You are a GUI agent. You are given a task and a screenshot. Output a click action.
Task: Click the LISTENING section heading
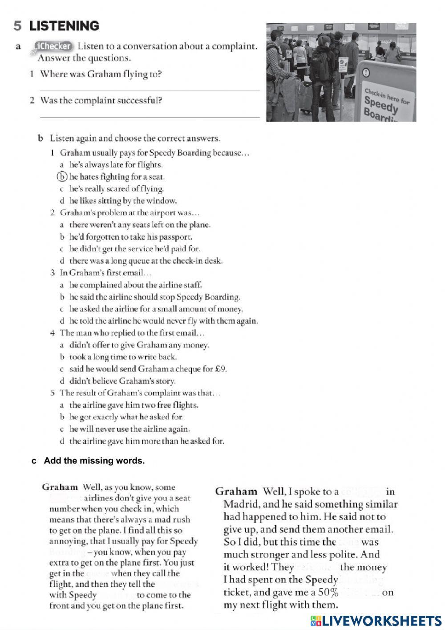[x=64, y=26]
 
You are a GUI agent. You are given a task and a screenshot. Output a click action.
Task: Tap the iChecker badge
[x=53, y=46]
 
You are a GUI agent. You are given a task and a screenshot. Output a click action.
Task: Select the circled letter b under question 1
[x=63, y=177]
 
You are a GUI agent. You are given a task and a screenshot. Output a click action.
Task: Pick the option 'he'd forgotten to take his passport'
[x=131, y=237]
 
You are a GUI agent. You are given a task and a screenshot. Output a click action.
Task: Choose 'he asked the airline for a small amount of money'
[x=156, y=309]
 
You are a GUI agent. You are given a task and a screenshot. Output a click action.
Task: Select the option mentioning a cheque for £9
[x=148, y=369]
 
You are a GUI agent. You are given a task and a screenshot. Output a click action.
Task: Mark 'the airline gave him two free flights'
[x=133, y=405]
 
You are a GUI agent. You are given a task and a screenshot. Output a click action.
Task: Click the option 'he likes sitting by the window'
[x=123, y=200]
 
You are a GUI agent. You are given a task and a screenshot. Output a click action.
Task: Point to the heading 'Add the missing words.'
[x=94, y=461]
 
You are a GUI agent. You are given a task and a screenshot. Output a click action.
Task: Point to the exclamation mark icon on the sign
[x=366, y=73]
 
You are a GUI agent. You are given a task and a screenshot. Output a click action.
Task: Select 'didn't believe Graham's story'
[x=122, y=381]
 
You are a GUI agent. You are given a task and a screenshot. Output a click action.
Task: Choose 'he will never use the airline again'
[x=129, y=429]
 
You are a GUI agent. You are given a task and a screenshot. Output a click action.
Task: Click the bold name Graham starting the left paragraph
[x=60, y=487]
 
